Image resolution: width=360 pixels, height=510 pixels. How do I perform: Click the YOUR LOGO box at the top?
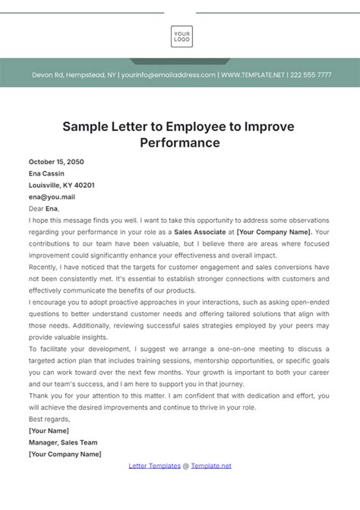pyautogui.click(x=182, y=36)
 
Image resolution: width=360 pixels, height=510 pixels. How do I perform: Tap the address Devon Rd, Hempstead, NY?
pyautogui.click(x=74, y=75)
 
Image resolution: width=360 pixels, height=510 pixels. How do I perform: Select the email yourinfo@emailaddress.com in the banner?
pyautogui.click(x=167, y=75)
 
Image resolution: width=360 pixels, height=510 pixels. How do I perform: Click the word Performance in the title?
pyautogui.click(x=180, y=142)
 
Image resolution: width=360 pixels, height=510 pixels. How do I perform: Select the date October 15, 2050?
pyautogui.click(x=56, y=162)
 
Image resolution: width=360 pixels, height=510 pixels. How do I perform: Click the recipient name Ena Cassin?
pyautogui.click(x=46, y=173)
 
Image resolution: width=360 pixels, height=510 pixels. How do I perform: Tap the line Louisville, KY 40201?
pyautogui.click(x=62, y=185)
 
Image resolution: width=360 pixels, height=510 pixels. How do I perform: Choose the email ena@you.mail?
pyautogui.click(x=51, y=196)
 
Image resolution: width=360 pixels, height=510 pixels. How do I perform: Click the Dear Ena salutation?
pyautogui.click(x=43, y=207)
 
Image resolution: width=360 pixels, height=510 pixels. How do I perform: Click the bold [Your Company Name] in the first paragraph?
pyautogui.click(x=273, y=231)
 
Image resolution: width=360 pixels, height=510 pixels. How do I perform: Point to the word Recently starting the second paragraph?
pyautogui.click(x=46, y=268)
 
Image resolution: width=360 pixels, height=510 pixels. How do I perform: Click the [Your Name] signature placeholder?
pyautogui.click(x=49, y=431)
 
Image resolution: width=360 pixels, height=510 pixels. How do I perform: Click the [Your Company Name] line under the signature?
pyautogui.click(x=65, y=454)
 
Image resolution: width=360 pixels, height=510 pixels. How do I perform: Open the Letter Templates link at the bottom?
pyautogui.click(x=154, y=465)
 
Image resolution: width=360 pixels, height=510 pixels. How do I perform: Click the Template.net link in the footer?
pyautogui.click(x=211, y=465)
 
